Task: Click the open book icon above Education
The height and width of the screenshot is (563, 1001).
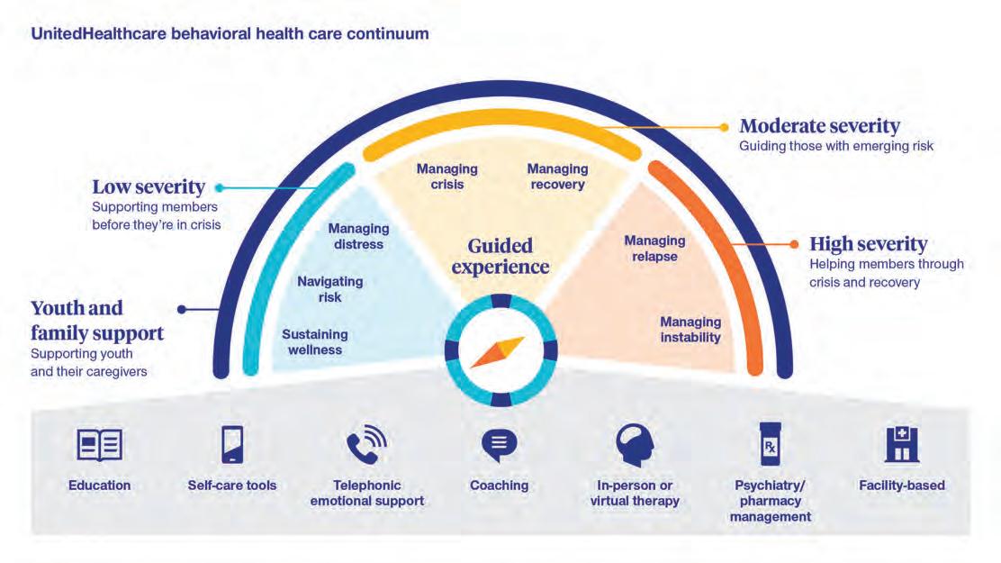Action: click(99, 445)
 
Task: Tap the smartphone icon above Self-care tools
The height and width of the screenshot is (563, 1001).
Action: click(232, 445)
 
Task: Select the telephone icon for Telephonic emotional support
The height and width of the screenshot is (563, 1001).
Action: click(366, 445)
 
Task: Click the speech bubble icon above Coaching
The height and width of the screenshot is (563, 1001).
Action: click(499, 445)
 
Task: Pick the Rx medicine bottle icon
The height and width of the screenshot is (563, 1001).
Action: click(770, 445)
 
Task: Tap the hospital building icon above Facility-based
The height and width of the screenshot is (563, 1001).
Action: click(902, 445)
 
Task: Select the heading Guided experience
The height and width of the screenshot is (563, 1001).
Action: click(500, 256)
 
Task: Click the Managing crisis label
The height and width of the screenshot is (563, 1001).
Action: click(446, 177)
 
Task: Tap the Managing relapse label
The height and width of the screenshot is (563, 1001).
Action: click(654, 249)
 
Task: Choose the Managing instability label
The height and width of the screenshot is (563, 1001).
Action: click(690, 330)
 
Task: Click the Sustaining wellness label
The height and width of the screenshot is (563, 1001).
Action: click(315, 341)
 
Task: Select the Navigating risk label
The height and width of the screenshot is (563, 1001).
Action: click(330, 289)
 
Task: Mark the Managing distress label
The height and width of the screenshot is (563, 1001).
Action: click(358, 236)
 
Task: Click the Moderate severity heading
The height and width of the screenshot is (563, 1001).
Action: click(819, 126)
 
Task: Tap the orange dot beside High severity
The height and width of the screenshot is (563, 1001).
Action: click(793, 243)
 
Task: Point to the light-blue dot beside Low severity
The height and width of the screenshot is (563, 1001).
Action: click(219, 188)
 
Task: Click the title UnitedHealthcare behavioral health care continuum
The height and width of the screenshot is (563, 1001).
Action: click(230, 35)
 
